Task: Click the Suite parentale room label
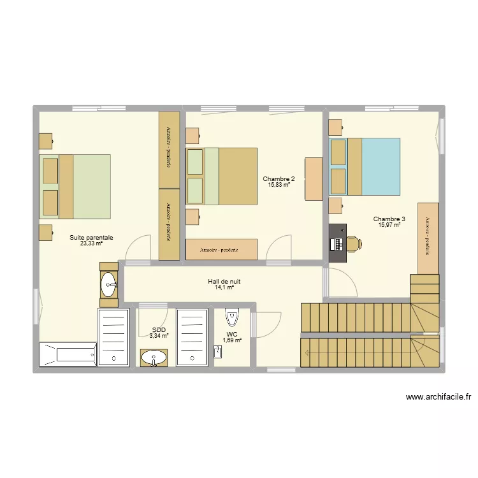91,238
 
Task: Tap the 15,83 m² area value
279,184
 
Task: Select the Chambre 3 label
389,219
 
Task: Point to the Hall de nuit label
224,281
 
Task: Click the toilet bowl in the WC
232,316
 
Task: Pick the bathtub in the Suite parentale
68,354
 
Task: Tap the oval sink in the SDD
154,358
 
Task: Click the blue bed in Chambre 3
365,166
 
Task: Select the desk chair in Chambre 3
354,243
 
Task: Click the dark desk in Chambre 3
337,243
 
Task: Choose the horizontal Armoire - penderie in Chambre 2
221,249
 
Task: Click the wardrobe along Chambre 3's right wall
428,239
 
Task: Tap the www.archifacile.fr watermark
438,397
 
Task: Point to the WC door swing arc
276,330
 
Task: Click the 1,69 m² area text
232,340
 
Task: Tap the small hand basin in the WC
218,352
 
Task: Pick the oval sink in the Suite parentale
109,284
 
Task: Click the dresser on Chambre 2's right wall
314,179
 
